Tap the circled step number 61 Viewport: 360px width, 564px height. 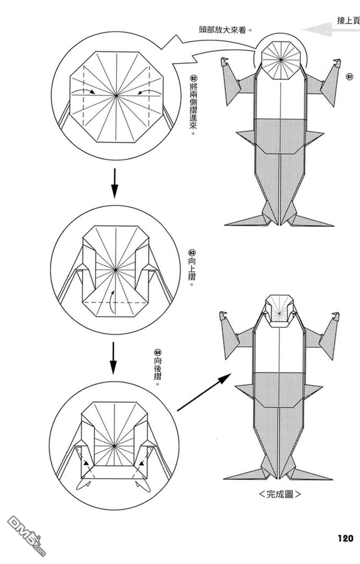pos(349,77)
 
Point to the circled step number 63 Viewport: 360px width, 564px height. pos(192,253)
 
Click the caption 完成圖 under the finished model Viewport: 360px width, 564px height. pos(280,494)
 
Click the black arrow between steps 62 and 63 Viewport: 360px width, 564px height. pos(114,182)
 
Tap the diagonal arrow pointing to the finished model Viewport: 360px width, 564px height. pos(204,393)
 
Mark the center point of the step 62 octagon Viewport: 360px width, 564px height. pos(116,96)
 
